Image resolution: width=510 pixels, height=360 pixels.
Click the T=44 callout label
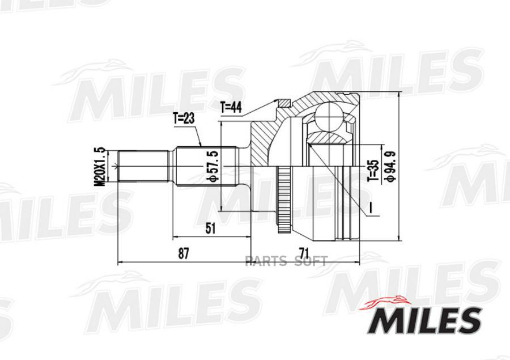(231, 107)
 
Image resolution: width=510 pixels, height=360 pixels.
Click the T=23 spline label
(184, 119)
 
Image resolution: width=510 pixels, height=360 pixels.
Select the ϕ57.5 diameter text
(212, 166)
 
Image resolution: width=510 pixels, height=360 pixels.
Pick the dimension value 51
(210, 228)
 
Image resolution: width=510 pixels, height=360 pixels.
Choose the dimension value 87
(184, 253)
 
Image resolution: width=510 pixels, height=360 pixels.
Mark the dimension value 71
(304, 253)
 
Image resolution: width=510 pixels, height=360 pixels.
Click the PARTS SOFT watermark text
(286, 261)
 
